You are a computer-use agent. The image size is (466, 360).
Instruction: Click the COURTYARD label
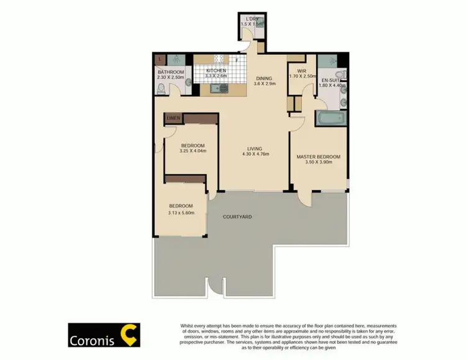tap(239, 216)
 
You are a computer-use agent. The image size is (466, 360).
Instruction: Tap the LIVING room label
tap(254, 149)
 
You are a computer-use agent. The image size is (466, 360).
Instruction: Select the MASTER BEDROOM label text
tap(318, 156)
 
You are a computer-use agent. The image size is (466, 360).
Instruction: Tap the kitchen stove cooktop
tap(219, 60)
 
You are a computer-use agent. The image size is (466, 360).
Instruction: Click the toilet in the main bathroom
tap(162, 89)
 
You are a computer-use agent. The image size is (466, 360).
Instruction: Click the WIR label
tap(302, 71)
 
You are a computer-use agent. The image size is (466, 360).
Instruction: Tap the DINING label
tap(265, 78)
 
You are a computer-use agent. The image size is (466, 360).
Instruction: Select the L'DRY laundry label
tap(252, 19)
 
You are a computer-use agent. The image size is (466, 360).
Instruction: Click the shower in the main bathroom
tap(178, 60)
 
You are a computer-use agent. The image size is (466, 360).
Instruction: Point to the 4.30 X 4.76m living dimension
tap(254, 155)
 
